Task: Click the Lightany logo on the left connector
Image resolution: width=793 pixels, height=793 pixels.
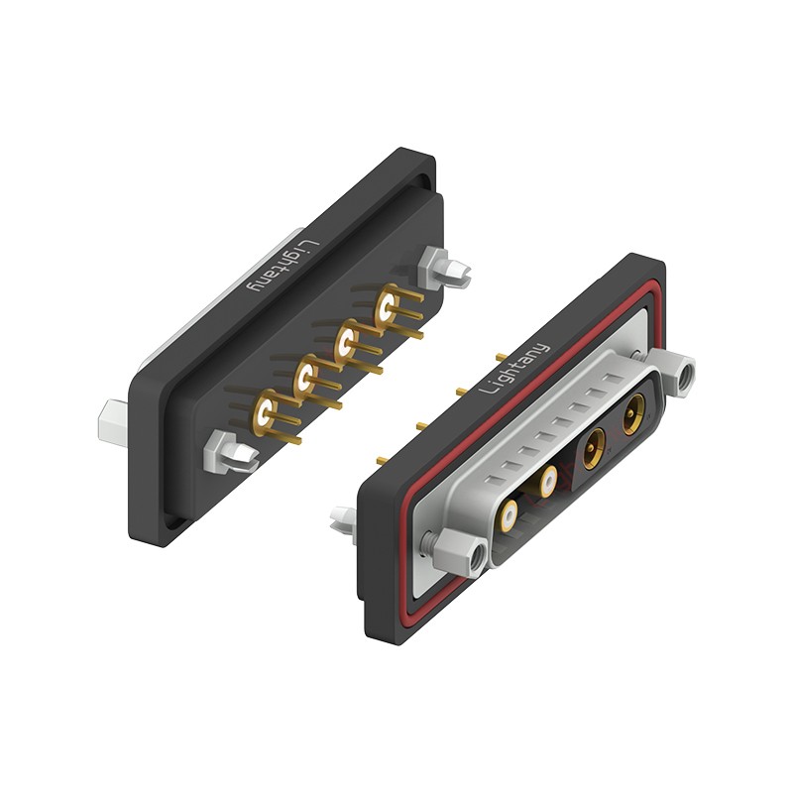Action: (283, 266)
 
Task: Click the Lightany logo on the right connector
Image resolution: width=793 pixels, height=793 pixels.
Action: (513, 369)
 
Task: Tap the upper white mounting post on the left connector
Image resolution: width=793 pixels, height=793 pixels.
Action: (445, 269)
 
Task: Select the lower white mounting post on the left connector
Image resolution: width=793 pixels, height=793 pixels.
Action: (230, 452)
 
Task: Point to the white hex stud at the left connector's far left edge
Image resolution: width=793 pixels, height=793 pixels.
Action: (113, 423)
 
